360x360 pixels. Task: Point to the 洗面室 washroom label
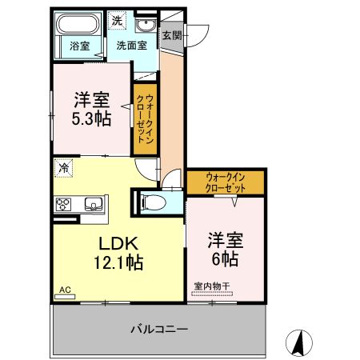tap(130, 46)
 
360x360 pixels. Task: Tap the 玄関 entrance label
tap(171, 35)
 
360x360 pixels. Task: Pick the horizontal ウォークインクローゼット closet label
tap(226, 182)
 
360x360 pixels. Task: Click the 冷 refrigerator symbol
tap(63, 169)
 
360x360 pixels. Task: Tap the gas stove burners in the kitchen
tap(64, 205)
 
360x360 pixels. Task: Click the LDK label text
tap(119, 242)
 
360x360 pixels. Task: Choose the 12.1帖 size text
tap(119, 262)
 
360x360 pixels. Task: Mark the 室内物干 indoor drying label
tap(212, 286)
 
